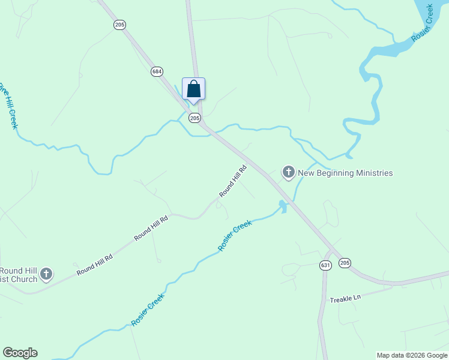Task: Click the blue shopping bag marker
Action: point(193,89)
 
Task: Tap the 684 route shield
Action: point(157,71)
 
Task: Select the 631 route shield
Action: point(325,265)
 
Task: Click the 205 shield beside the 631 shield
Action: point(345,263)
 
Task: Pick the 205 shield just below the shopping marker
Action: point(194,118)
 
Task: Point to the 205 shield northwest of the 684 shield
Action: point(119,24)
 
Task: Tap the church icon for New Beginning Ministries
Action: point(289,173)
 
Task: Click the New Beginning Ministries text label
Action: point(345,173)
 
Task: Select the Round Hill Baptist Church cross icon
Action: point(46,275)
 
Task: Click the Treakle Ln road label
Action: point(345,298)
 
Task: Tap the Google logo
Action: point(20,353)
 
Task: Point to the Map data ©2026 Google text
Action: point(411,355)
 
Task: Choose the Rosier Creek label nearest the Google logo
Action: point(148,310)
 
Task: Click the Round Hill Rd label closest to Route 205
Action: point(234,181)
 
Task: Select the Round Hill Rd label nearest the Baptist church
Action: point(95,265)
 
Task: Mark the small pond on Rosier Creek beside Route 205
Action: point(282,207)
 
